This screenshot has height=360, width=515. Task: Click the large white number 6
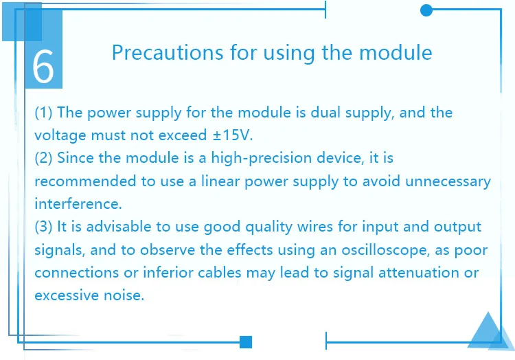pos(43,67)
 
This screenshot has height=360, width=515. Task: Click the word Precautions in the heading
pos(167,52)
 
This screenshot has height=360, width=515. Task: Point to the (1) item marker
pos(43,113)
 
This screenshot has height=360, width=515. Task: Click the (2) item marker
pos(43,158)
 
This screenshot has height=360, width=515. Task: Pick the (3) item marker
pos(43,227)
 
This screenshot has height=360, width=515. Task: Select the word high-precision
pos(261,158)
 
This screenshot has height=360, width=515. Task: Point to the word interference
pos(78,203)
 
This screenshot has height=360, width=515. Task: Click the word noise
pos(124,295)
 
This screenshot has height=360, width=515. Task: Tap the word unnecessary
pos(448,181)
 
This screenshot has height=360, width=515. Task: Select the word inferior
pos(168,273)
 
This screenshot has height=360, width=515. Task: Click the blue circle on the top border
pos(426,10)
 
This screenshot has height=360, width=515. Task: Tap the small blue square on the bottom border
pos(246,342)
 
